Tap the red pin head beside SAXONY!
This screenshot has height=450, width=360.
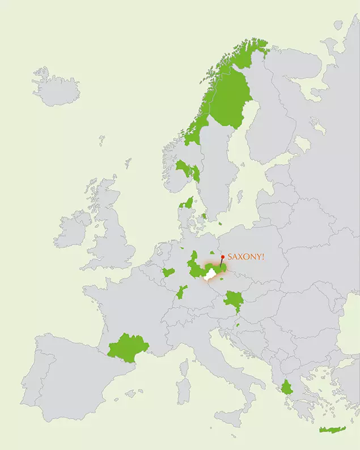pos(222,256)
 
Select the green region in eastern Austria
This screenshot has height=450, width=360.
pos(232,300)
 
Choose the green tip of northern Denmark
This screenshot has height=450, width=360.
pos(187,203)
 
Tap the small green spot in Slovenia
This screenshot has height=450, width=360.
pos(238,325)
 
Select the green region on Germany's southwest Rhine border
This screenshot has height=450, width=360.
pos(181,293)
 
